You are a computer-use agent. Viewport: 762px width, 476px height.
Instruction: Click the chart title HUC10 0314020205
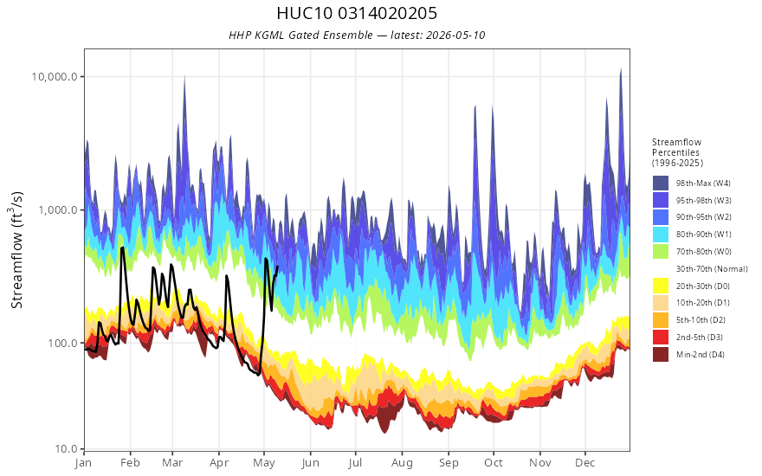[357, 13]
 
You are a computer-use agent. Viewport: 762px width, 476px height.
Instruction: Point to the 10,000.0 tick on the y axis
[55, 77]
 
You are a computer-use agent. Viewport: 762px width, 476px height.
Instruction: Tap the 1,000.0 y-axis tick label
[58, 210]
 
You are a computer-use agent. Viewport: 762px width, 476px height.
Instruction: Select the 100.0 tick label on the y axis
[62, 344]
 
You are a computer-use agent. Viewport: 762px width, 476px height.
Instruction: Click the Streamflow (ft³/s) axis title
[17, 249]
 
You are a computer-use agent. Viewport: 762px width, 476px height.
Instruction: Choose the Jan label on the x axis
[84, 463]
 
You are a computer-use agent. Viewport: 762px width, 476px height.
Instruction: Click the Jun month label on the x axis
[310, 463]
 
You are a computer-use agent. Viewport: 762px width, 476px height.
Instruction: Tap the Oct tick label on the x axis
[494, 462]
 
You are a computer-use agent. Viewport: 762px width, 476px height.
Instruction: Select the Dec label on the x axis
[585, 462]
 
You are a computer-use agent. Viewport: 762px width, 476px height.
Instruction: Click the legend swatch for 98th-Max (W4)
[661, 183]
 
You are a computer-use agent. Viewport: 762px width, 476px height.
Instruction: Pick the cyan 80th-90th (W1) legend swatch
[661, 235]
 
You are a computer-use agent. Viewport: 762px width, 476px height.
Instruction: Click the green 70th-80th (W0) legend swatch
[661, 252]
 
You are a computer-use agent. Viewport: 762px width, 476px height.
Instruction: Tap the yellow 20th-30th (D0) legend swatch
[661, 286]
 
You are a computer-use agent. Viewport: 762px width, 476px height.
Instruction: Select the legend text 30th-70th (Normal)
[712, 268]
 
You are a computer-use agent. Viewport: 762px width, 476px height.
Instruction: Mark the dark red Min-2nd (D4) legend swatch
[661, 354]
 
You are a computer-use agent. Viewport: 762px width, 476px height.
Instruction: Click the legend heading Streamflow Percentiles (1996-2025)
[677, 152]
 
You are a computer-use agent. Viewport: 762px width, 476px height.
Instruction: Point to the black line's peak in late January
[122, 248]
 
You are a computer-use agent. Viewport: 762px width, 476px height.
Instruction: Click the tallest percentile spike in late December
[621, 70]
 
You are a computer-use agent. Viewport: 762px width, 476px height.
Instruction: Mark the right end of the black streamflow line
[277, 267]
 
